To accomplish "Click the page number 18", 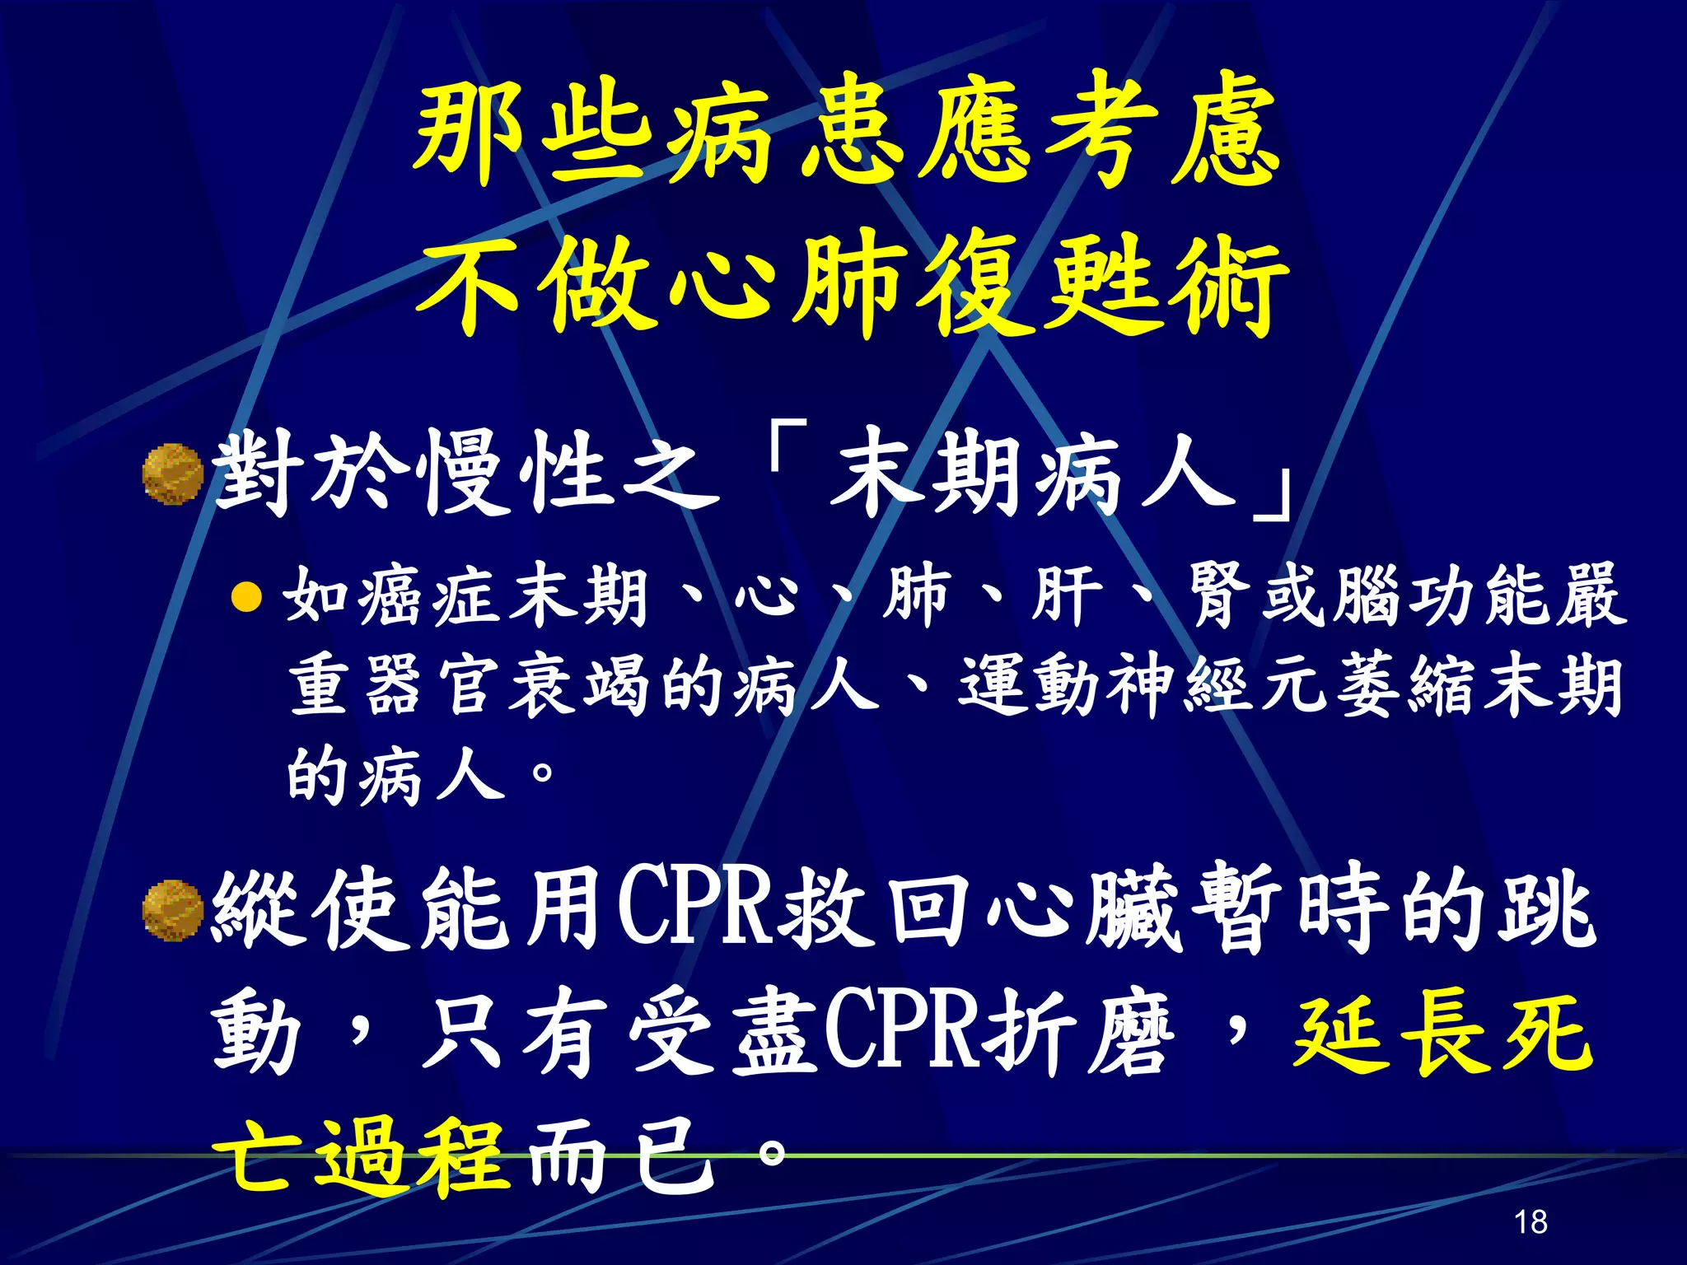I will tap(1530, 1221).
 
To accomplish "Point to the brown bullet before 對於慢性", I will tap(173, 474).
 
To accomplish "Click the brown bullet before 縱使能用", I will tap(173, 910).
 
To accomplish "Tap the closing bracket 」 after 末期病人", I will tap(1273, 494).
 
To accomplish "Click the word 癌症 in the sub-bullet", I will tap(432, 595).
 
